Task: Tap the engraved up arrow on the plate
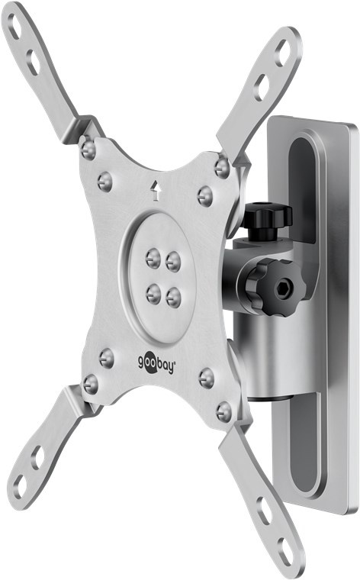[156, 187]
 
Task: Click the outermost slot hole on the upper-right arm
[284, 52]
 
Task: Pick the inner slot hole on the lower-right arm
[262, 509]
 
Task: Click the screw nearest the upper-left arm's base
[89, 147]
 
